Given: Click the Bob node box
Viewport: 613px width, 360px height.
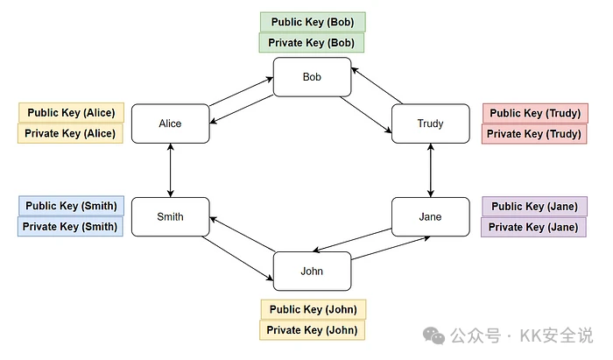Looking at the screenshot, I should point(312,77).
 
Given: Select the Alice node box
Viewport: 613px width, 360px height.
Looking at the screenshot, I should point(170,124).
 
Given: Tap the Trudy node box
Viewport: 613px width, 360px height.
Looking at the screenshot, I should point(430,124).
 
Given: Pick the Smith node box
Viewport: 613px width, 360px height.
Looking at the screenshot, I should point(170,217).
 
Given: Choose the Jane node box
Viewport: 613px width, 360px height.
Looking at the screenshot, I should point(430,217).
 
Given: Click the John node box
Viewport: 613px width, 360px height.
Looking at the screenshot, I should point(312,271).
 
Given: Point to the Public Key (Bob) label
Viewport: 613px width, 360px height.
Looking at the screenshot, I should point(313,22).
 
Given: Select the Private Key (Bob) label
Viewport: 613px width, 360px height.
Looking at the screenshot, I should point(312,43).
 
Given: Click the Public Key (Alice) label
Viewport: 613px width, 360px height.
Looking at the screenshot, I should point(71,113).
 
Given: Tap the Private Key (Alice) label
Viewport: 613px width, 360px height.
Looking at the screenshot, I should point(70,134).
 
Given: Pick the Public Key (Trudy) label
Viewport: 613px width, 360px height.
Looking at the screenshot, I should point(533,113).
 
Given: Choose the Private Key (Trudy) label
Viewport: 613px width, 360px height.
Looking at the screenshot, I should point(533,134).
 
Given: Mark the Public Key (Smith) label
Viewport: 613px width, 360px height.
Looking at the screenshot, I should point(71,206).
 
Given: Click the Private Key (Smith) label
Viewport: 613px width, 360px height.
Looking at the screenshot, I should point(70,227).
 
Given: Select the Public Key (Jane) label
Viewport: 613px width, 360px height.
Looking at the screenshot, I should point(534,207).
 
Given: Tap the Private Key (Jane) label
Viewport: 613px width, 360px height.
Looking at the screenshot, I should point(533,228).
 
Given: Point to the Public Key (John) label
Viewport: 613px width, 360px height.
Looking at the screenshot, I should point(313,309).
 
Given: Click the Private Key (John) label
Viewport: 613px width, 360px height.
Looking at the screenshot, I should point(312,330).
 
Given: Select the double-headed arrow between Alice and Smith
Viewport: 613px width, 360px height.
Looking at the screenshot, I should point(170,170).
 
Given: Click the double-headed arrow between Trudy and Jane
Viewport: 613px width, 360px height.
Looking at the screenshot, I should point(430,170).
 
